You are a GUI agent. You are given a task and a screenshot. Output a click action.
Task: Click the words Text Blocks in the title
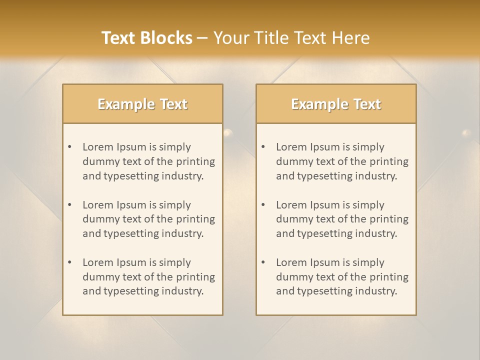pos(146,38)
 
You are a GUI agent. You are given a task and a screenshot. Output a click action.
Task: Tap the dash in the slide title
pos(202,38)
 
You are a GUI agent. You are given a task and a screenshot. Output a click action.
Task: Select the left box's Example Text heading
pos(142,104)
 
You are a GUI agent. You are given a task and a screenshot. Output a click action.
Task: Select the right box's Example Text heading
pos(336,104)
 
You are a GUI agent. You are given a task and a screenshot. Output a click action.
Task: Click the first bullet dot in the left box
pos(69,147)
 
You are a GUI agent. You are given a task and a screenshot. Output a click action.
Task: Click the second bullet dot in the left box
pos(69,205)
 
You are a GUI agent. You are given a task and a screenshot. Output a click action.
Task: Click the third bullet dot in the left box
pos(69,262)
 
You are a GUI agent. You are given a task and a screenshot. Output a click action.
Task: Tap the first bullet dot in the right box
pos(263,147)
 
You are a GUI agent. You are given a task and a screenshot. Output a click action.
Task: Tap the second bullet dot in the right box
pos(263,205)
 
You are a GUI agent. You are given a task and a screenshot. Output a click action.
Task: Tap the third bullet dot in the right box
pos(263,262)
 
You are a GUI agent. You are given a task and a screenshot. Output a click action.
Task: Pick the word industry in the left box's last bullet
pos(183,291)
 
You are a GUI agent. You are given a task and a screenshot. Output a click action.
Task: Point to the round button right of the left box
pos(228,133)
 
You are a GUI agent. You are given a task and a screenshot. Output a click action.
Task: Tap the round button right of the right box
pos(466,133)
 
